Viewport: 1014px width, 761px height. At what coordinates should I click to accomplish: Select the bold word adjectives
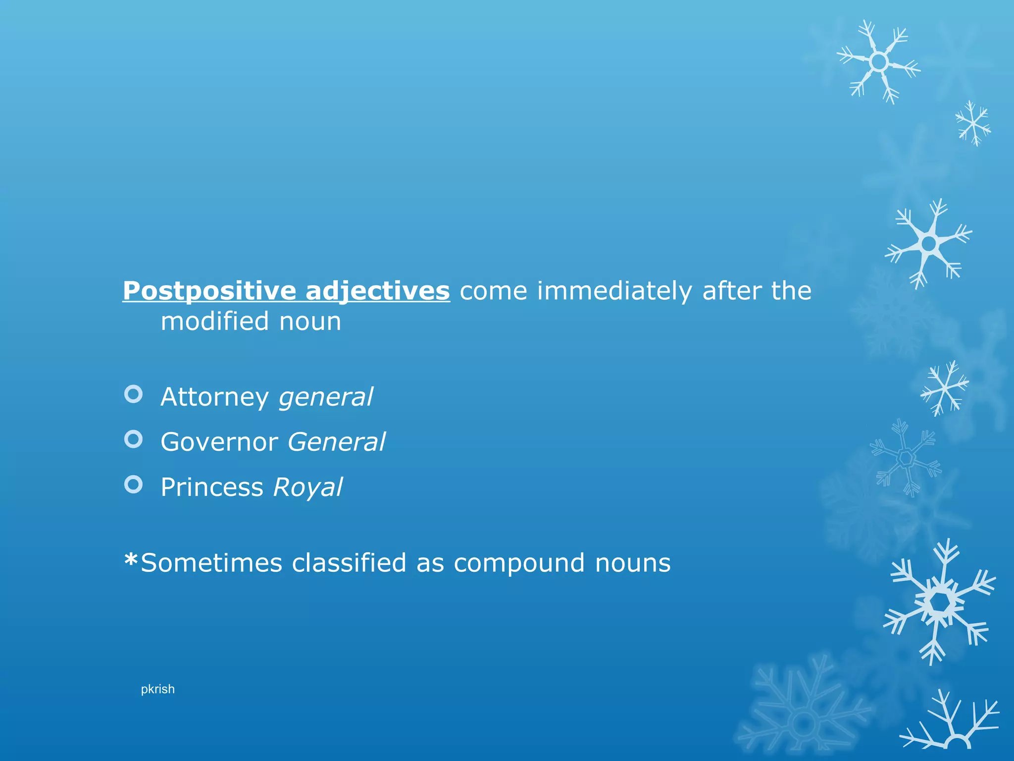378,291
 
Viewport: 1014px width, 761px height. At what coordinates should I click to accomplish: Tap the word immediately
614,291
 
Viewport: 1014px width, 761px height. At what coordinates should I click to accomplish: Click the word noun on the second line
310,322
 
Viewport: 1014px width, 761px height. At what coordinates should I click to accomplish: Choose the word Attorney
214,397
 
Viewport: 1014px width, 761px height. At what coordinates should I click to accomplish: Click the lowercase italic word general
326,397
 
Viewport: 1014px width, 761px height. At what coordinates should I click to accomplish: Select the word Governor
219,442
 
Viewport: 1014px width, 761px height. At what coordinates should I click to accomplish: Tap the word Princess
212,487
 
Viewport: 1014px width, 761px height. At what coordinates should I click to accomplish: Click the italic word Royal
307,487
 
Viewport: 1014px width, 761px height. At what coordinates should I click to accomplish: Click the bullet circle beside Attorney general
133,394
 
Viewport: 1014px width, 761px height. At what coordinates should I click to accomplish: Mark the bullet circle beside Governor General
133,439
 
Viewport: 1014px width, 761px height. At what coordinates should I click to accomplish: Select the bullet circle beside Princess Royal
133,484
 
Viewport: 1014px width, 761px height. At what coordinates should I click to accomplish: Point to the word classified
349,563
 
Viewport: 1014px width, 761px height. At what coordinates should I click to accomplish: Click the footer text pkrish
157,689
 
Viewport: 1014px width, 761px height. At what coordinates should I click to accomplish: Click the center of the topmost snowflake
879,62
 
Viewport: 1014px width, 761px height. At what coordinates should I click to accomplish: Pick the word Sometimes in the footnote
211,563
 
